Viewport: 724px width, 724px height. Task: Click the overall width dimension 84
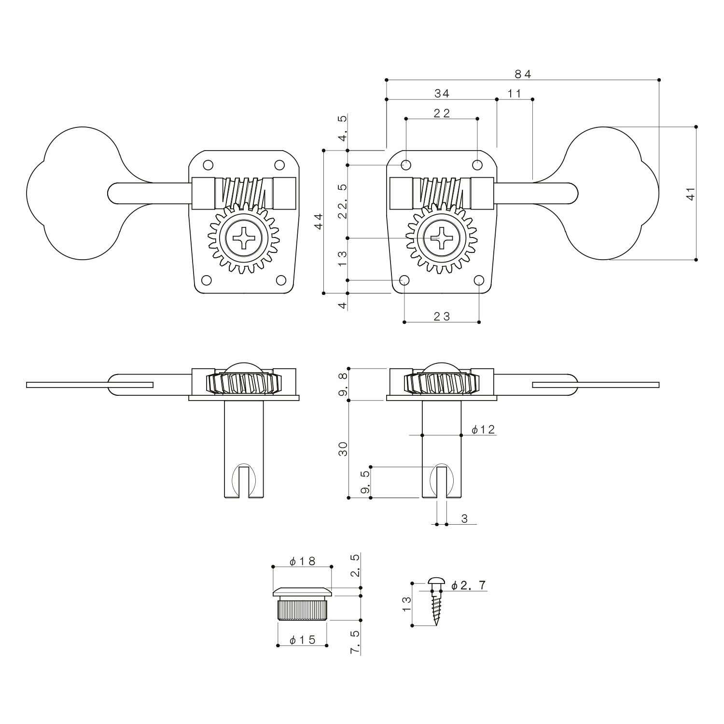[x=522, y=74]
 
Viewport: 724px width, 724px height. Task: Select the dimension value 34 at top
[x=442, y=94]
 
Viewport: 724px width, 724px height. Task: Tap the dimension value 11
[x=515, y=94]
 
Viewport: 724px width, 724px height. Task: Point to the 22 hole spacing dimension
[x=442, y=113]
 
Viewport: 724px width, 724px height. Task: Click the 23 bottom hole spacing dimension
[x=442, y=317]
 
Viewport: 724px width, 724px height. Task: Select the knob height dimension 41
[x=691, y=194]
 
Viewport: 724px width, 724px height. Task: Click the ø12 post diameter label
[x=483, y=430]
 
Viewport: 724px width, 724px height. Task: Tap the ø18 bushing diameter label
[x=302, y=561]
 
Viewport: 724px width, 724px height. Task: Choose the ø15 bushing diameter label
[x=302, y=640]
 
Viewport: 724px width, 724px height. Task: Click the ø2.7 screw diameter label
[x=469, y=585]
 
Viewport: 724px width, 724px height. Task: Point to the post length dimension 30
[x=343, y=449]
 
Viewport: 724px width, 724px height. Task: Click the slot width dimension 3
[x=464, y=519]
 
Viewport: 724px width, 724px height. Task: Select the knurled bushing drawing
[x=302, y=604]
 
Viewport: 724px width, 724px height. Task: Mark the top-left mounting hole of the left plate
[x=208, y=165]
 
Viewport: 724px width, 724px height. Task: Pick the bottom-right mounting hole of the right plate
[x=479, y=280]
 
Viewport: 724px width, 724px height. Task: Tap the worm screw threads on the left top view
[x=244, y=192]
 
